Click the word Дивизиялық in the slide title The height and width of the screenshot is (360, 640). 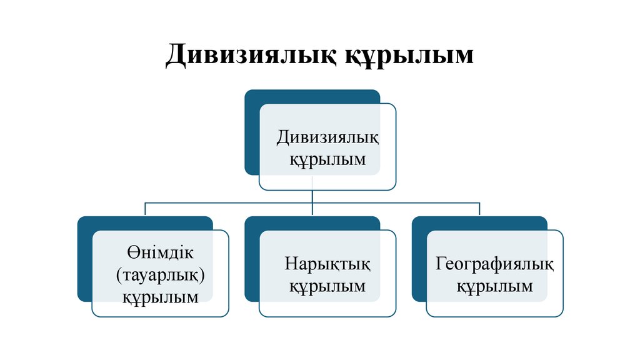[250, 55]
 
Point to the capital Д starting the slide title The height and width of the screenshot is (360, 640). [176, 55]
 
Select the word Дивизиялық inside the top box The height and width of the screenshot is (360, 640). [328, 136]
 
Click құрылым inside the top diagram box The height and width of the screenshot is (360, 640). [327, 159]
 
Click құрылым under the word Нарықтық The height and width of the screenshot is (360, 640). [327, 286]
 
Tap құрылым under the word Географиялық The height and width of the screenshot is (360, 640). [494, 286]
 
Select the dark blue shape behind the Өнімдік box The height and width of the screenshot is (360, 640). [84, 262]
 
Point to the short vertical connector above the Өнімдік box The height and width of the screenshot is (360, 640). [145, 209]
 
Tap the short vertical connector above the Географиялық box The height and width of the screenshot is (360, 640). [479, 209]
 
